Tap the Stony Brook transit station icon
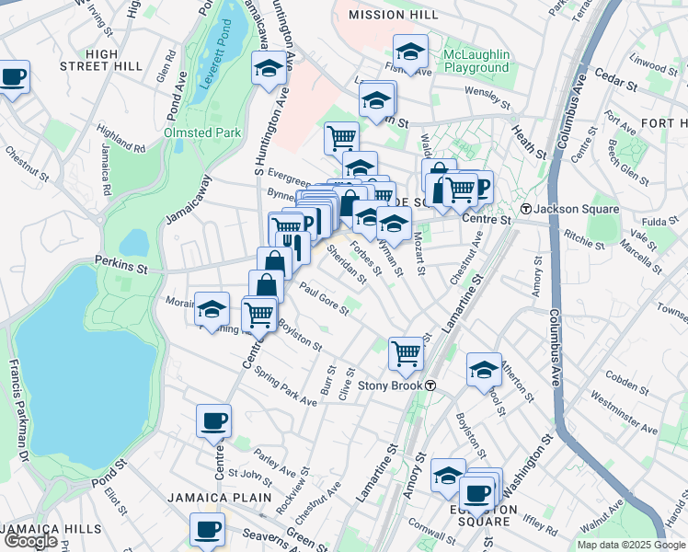click(430, 385)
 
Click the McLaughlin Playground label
click(476, 61)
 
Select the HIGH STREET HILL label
click(101, 60)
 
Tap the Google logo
click(30, 541)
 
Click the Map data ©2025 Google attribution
click(631, 545)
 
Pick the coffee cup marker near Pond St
click(213, 422)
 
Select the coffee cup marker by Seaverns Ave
click(207, 530)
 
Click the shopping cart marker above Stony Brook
click(406, 351)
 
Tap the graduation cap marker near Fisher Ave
click(410, 51)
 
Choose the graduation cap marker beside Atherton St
click(484, 369)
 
